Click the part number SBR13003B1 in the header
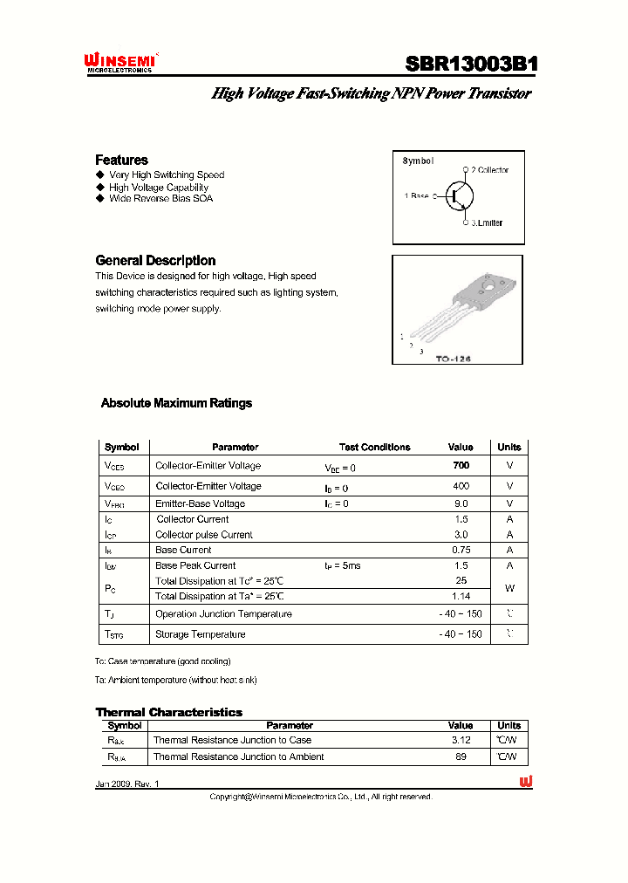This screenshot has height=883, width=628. coord(471,65)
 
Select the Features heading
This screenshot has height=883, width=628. coord(121,160)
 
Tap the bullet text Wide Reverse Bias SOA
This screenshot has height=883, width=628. coord(160,198)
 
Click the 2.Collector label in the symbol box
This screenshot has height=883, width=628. coord(489,170)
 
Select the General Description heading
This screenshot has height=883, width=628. coord(155,260)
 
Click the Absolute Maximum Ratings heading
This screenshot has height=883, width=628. coord(176,403)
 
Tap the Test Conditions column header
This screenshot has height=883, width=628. coord(374,447)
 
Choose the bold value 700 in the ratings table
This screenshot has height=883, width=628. coord(461,466)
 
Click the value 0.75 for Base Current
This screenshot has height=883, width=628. coord(461,550)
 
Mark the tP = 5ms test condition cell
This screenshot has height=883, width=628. coord(342,565)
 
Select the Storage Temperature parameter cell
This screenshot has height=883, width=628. coord(200,634)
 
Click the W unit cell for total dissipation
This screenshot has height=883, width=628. coord(509,588)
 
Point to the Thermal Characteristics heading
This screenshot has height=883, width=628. coord(168,712)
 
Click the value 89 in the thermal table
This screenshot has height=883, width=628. coord(461,756)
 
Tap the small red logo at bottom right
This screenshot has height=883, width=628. coord(526,783)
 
